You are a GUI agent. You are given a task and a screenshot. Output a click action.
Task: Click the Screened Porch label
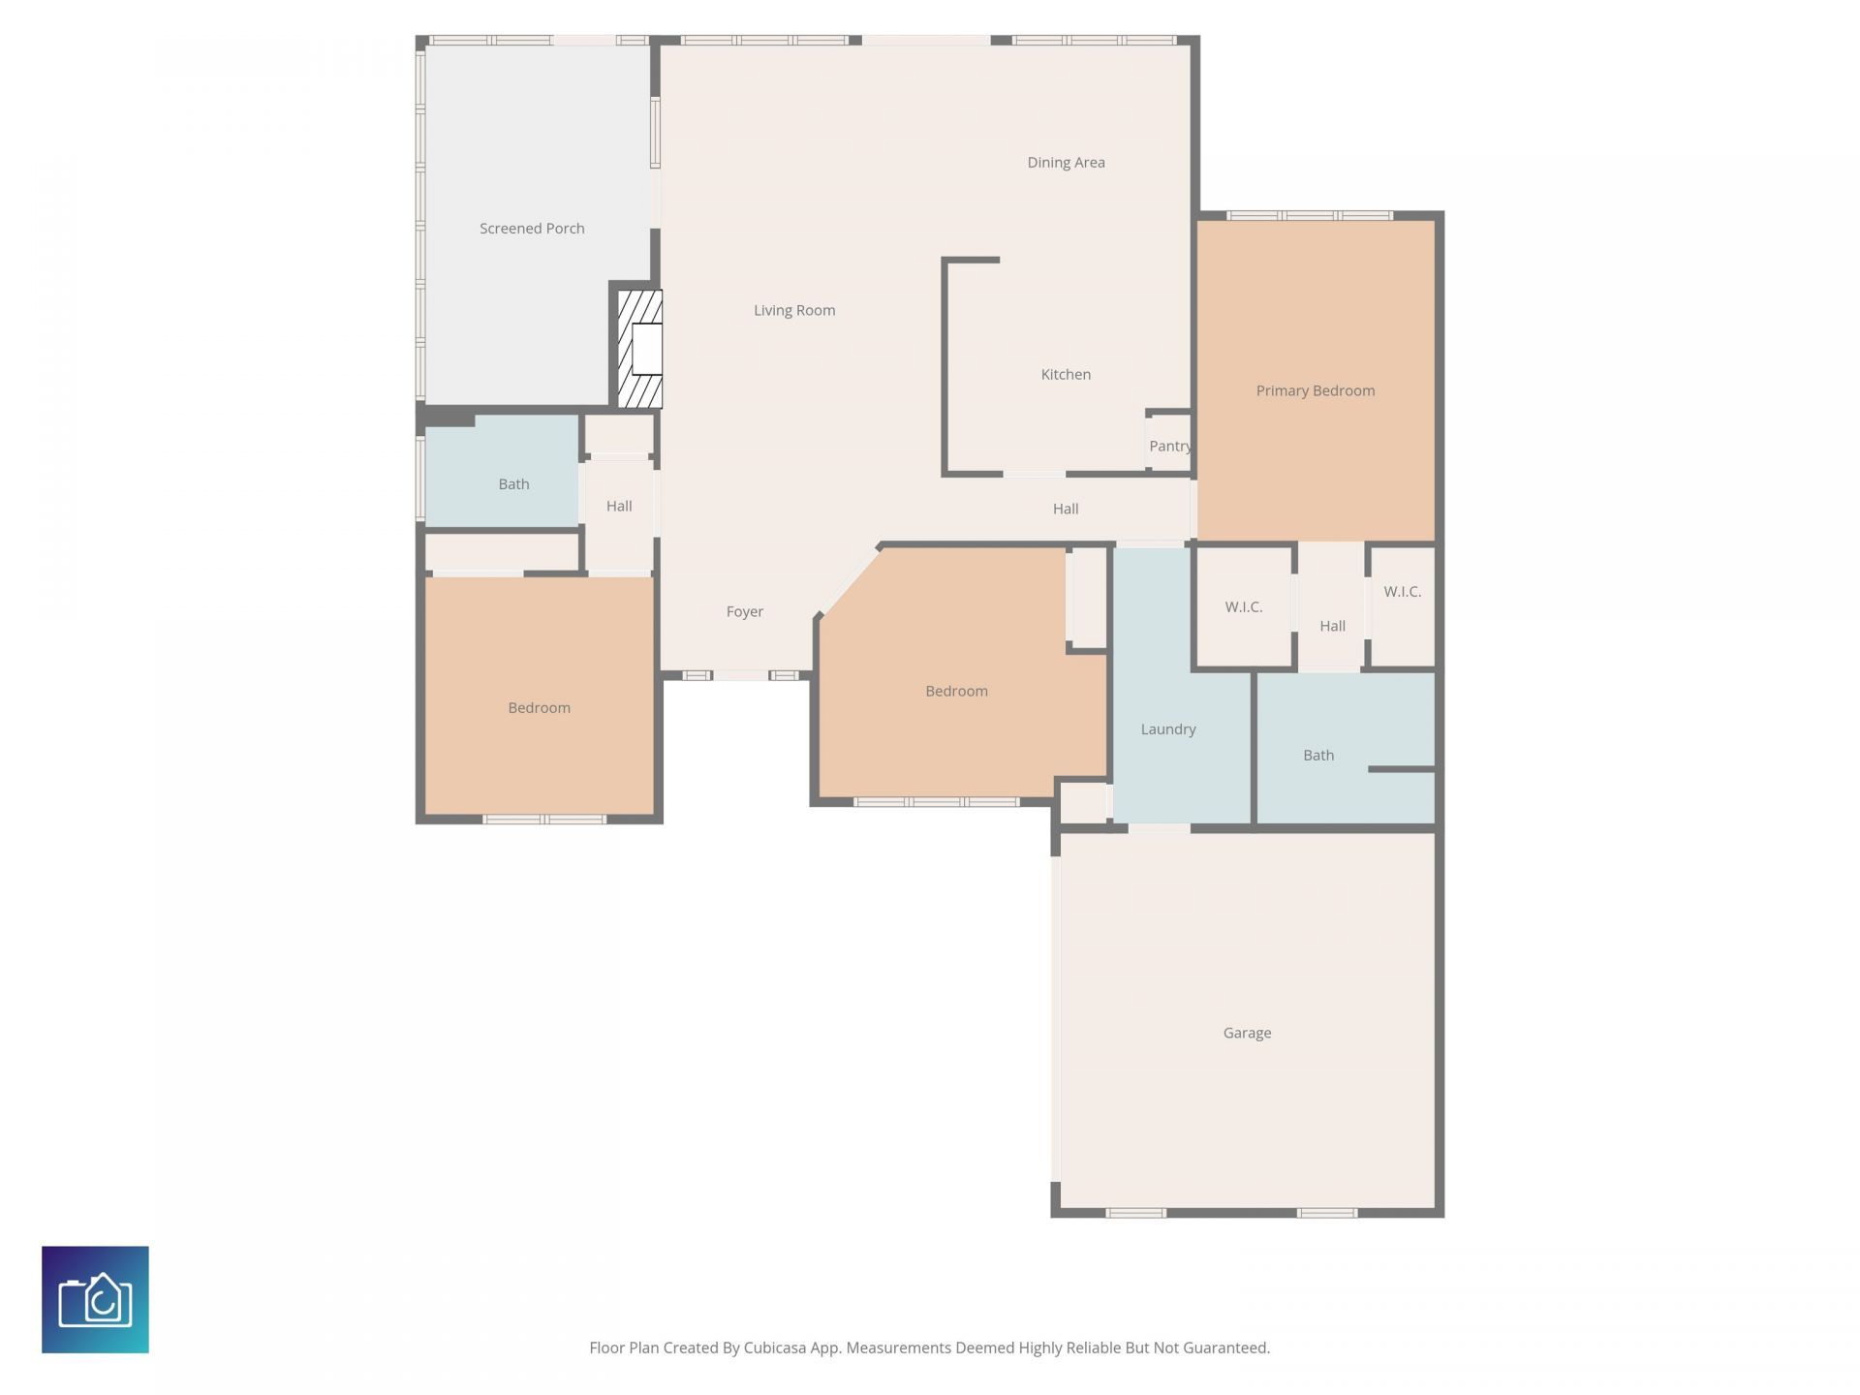point(532,229)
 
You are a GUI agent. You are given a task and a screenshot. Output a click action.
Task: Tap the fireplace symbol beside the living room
point(640,349)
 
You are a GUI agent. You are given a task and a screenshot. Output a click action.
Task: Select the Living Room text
point(794,310)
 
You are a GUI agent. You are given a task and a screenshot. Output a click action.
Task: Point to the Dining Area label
point(1066,163)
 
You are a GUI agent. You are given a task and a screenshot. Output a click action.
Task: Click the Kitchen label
point(1066,374)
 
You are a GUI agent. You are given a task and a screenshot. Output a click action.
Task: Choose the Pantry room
point(1169,446)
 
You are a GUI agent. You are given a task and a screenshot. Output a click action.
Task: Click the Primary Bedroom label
point(1315,390)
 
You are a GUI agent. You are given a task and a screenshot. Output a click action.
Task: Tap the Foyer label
point(744,611)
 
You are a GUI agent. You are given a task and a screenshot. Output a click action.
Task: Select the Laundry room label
point(1167,728)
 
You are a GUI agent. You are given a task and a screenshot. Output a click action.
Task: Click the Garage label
point(1247,1033)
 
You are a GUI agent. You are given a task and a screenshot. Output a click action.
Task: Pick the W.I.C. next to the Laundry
point(1243,606)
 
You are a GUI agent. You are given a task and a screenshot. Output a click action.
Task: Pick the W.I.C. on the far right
point(1402,591)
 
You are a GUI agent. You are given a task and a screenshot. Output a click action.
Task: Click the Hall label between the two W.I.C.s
point(1332,626)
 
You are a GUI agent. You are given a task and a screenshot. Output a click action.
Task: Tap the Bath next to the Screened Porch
point(513,483)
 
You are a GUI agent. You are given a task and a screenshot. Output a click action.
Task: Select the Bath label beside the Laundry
point(1317,755)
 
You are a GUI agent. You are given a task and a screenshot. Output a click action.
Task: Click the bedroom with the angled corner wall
point(956,691)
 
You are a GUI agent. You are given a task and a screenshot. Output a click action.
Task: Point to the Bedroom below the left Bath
point(539,707)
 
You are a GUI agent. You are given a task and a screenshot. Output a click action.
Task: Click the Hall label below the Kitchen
point(1065,509)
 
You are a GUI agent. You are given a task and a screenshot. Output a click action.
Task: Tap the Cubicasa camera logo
point(95,1299)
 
